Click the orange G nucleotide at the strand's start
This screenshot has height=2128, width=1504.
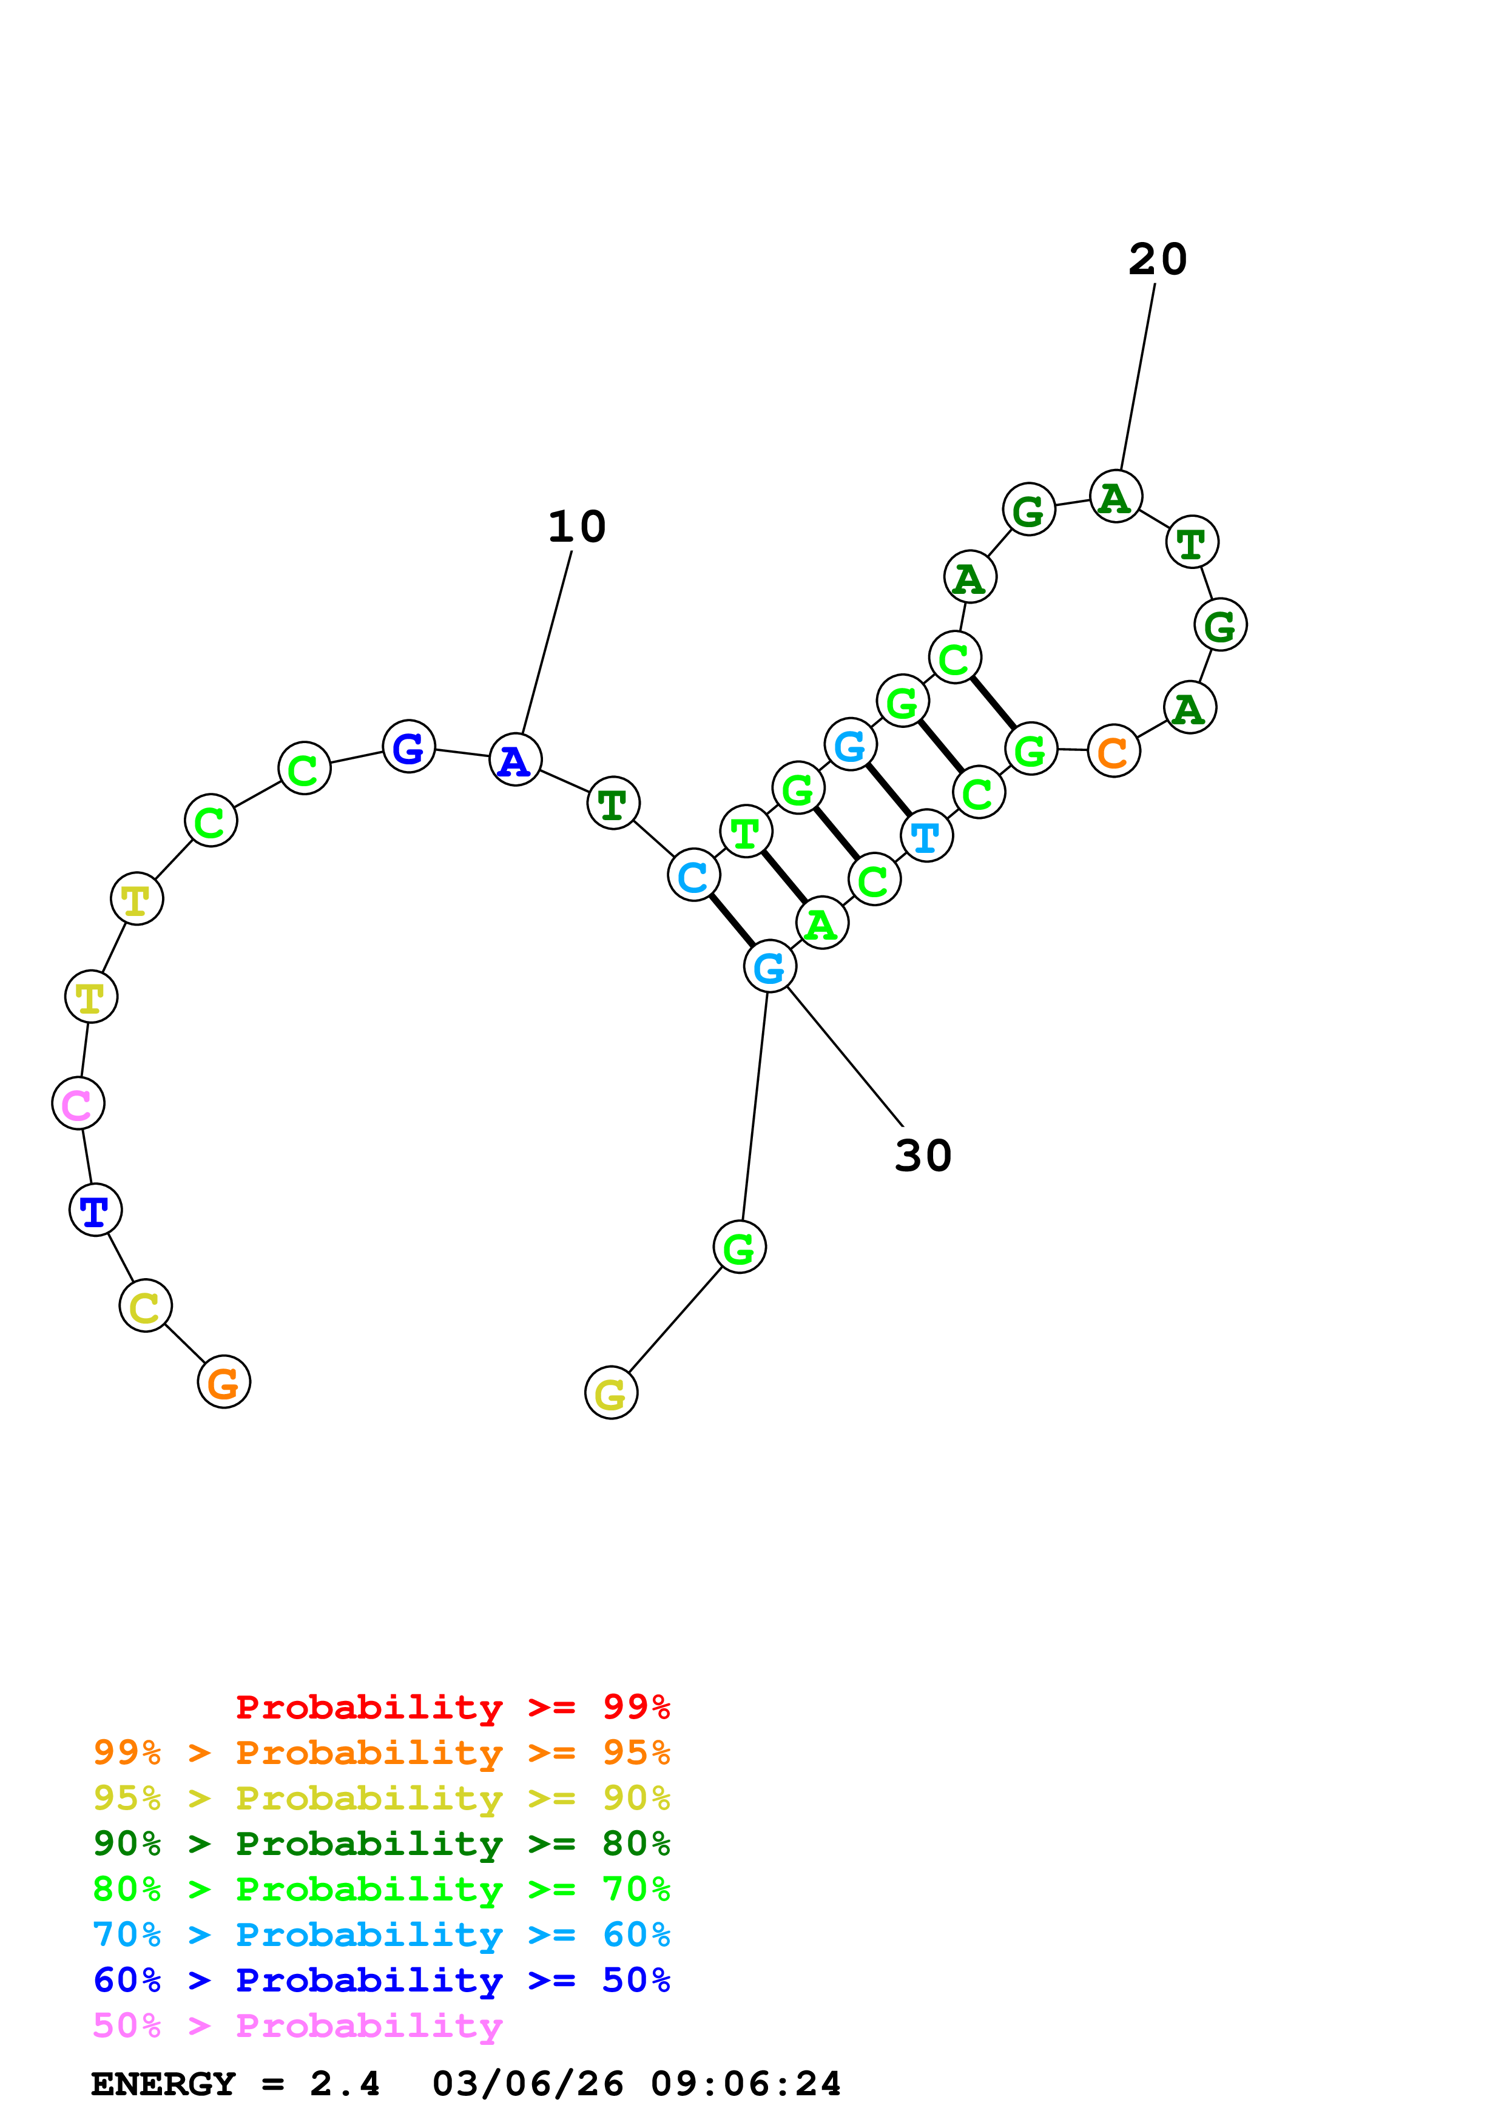click(223, 1381)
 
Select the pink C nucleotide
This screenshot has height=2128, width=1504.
click(78, 1103)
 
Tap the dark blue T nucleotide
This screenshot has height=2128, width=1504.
click(95, 1210)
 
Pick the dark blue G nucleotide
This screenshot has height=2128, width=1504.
click(409, 746)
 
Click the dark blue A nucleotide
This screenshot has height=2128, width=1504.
click(514, 759)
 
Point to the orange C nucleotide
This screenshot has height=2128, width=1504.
click(1113, 751)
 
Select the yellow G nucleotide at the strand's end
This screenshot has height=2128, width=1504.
click(611, 1392)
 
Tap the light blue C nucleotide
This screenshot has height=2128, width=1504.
click(693, 874)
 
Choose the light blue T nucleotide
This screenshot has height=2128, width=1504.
click(926, 835)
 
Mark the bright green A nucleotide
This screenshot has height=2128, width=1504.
click(821, 923)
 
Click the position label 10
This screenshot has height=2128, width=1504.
click(576, 527)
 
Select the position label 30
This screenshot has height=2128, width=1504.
click(923, 1155)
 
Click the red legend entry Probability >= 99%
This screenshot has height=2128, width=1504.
click(452, 1706)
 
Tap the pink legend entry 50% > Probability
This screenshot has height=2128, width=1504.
click(297, 2025)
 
